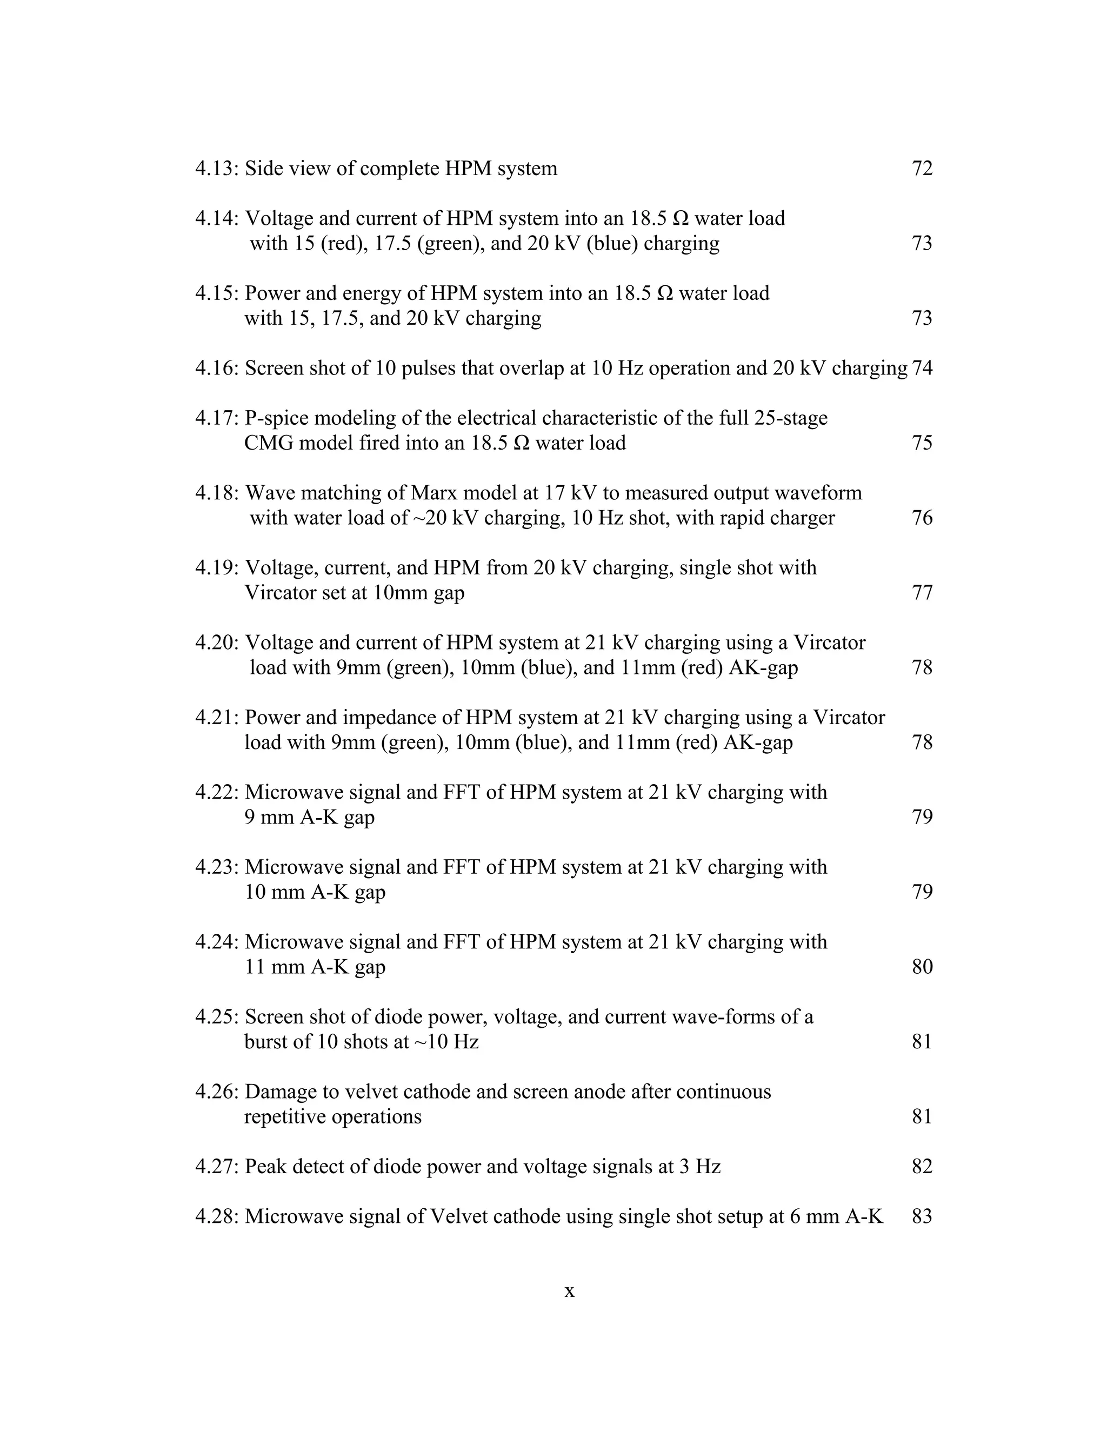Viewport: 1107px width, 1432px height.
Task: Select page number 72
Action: (922, 169)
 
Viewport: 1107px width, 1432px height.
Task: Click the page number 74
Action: (922, 368)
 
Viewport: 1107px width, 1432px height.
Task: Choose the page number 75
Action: (922, 443)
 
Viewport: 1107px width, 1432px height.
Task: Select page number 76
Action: (922, 517)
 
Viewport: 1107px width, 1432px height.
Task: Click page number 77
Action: (922, 592)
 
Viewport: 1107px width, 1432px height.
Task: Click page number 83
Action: (922, 1216)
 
